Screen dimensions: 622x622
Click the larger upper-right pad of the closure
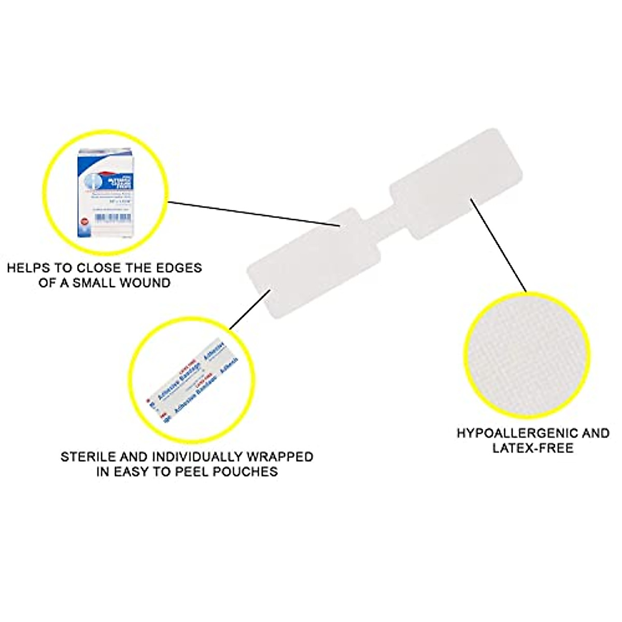coord(455,183)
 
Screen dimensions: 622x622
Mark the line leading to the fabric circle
coord(498,244)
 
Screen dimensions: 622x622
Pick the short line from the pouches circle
coord(250,309)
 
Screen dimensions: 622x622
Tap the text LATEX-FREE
coord(533,448)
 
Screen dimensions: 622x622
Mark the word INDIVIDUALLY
coord(197,457)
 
